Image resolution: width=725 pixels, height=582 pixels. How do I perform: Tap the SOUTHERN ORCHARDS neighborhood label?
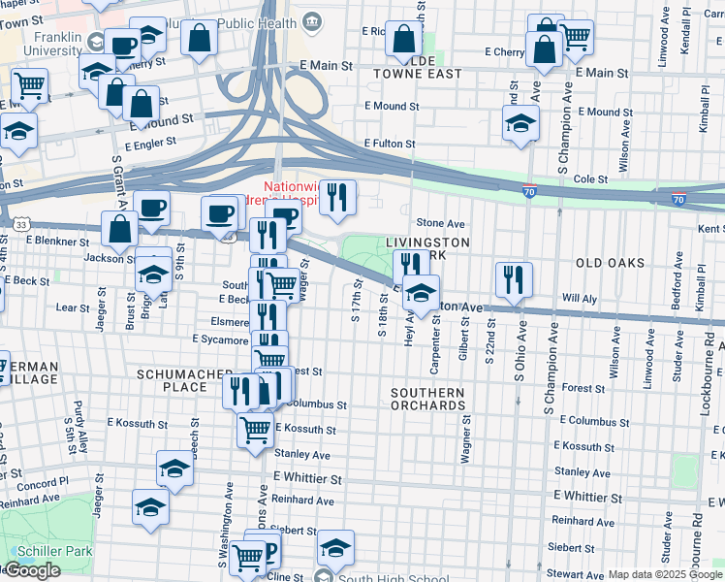click(427, 399)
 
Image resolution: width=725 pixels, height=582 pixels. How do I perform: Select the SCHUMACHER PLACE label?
click(172, 379)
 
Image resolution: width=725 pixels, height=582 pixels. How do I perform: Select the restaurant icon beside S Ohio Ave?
click(514, 278)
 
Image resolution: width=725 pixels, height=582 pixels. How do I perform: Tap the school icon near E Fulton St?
click(520, 123)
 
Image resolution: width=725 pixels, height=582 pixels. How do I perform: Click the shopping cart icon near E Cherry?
click(576, 37)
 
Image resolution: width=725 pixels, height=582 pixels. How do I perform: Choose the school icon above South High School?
click(336, 548)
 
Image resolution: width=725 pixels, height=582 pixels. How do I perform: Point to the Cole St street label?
click(590, 179)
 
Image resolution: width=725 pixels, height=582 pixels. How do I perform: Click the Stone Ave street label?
click(440, 223)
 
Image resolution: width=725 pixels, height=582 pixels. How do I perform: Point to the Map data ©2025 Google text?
click(664, 574)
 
